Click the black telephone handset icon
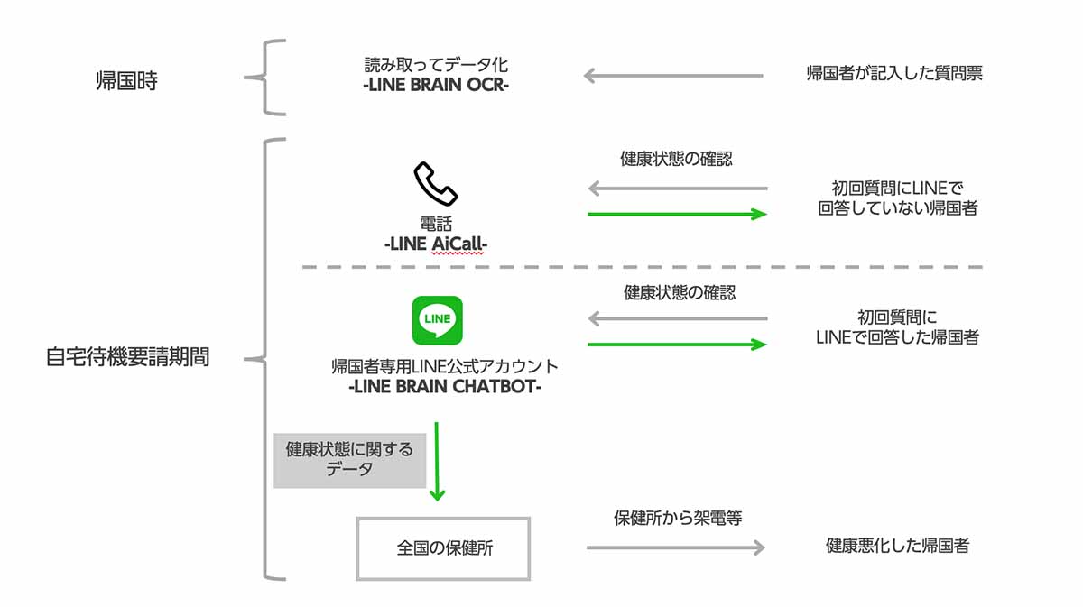[x=436, y=184]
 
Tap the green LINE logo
[x=437, y=320]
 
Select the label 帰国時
[x=127, y=80]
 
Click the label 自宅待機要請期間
[x=127, y=357]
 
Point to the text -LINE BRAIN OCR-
[x=437, y=86]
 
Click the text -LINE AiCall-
[x=437, y=244]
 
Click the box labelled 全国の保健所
[x=444, y=548]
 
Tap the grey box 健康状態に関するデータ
[x=349, y=459]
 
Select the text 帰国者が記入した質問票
[x=894, y=74]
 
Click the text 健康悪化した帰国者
[x=897, y=546]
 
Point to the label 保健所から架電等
[x=678, y=519]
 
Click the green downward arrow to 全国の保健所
[x=437, y=460]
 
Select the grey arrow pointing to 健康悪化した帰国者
[x=675, y=547]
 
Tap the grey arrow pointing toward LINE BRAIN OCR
[x=673, y=76]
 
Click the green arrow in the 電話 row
[x=677, y=214]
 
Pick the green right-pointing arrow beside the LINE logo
[x=677, y=344]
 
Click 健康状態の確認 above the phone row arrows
[x=677, y=160]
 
